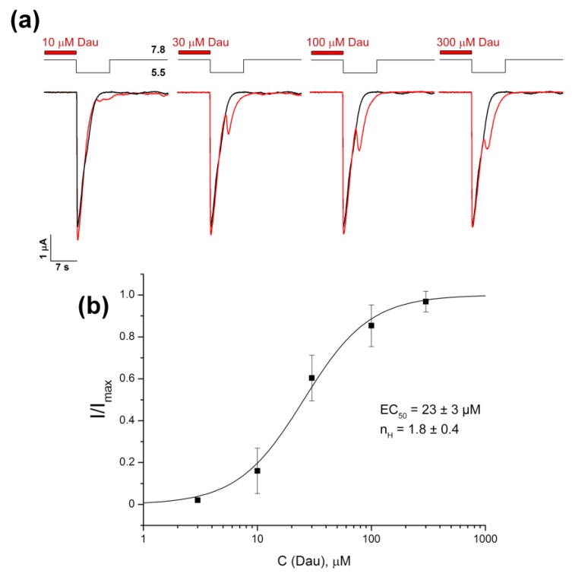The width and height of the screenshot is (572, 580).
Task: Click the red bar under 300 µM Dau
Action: click(455, 53)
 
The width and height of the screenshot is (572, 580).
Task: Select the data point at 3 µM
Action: click(198, 499)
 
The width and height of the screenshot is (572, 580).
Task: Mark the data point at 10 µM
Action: click(258, 471)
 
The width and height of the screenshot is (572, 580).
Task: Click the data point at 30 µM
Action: click(311, 378)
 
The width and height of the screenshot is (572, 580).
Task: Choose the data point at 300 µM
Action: click(426, 302)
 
